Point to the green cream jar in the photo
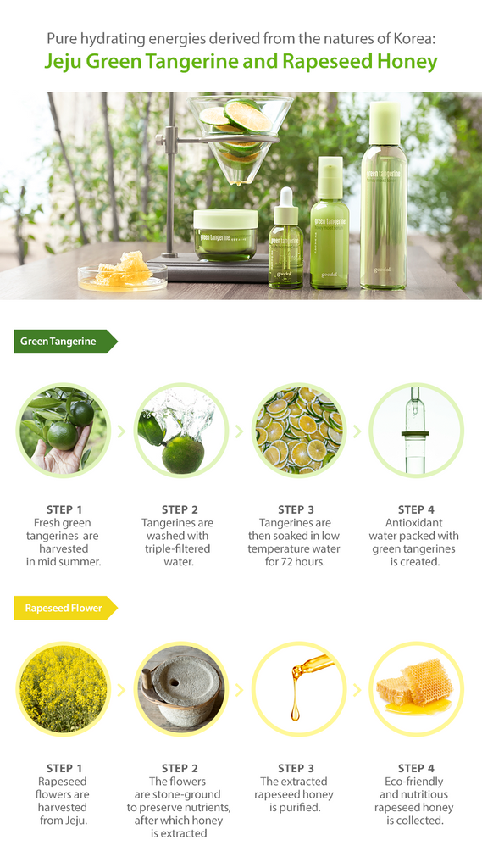tap(224, 235)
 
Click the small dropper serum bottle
tap(285, 242)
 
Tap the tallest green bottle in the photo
tap(383, 199)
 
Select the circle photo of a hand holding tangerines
tap(63, 430)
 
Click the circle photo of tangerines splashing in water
tap(181, 430)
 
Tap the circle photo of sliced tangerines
tap(299, 430)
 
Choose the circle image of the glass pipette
tap(416, 430)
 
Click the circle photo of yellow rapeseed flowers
tap(63, 687)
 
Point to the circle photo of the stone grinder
tap(181, 687)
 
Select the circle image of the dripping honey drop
tap(299, 687)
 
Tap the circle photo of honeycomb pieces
tap(416, 687)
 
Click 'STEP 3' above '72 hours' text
tap(294, 509)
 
